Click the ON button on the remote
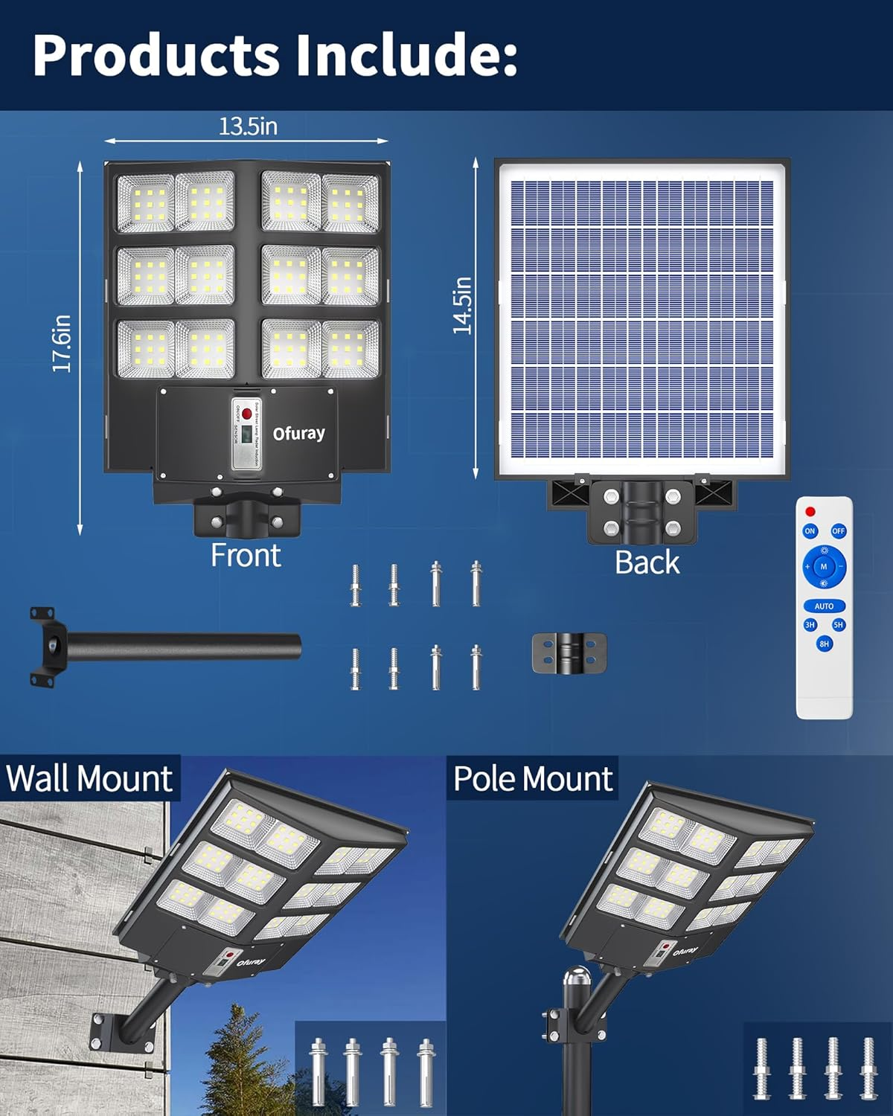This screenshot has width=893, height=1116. [x=810, y=531]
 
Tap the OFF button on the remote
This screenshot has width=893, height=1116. [x=839, y=531]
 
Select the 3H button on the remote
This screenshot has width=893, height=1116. [x=810, y=625]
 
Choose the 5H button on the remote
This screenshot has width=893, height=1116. [x=839, y=625]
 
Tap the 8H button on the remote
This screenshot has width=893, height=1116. [x=824, y=644]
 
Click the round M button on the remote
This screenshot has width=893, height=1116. [x=824, y=567]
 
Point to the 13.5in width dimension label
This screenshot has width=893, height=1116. [x=248, y=126]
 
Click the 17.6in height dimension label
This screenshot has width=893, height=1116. [x=62, y=344]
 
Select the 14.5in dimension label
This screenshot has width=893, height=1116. [x=462, y=305]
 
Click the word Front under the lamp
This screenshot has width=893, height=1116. [x=246, y=556]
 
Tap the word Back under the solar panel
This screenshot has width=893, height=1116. [x=647, y=562]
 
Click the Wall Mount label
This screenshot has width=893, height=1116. [x=89, y=779]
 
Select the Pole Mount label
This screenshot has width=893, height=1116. [x=533, y=779]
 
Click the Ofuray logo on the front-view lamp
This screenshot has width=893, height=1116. [x=298, y=433]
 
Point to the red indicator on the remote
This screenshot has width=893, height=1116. [x=810, y=511]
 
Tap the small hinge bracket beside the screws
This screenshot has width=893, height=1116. [x=569, y=653]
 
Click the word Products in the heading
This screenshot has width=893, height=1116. [x=156, y=55]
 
